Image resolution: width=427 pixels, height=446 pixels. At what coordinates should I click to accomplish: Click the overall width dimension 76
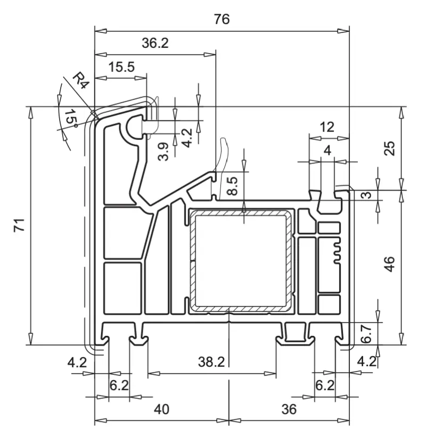[221, 20]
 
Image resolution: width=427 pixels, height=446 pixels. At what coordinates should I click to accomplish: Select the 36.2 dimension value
[155, 44]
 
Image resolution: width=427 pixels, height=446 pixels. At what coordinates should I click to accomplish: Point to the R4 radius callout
[80, 81]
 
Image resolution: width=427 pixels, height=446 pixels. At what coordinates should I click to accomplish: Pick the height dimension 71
[20, 226]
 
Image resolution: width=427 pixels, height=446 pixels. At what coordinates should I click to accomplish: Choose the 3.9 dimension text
[166, 151]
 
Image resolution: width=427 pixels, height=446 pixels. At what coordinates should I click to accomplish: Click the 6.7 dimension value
[366, 333]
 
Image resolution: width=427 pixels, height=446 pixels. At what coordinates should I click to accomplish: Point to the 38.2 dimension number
[211, 362]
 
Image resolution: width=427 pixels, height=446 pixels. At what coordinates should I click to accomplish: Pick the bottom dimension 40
[161, 409]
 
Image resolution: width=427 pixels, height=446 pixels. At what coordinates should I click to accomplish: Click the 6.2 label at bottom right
[324, 385]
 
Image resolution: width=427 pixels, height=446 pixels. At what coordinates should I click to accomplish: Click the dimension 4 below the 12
[327, 151]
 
